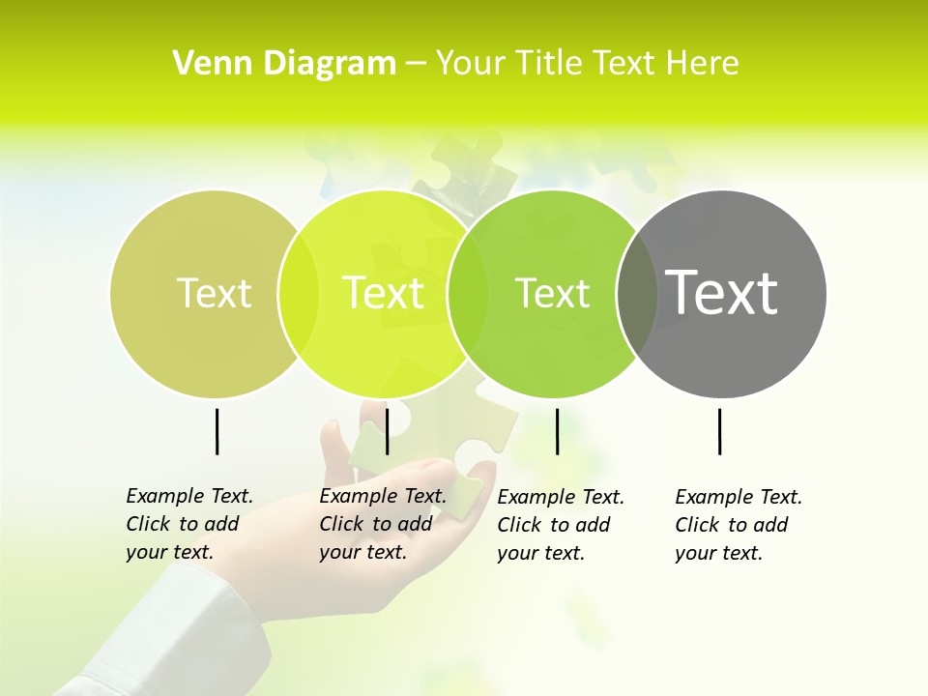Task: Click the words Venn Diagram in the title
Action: click(284, 64)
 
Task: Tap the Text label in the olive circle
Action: click(214, 293)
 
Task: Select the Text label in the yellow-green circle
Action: click(383, 293)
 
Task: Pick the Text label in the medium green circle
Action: click(552, 293)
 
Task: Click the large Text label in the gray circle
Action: click(722, 293)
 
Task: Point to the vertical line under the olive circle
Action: click(217, 431)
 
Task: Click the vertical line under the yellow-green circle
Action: click(387, 431)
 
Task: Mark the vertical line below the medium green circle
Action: click(557, 431)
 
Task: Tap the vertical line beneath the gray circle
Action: click(719, 431)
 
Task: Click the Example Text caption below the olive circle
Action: click(188, 524)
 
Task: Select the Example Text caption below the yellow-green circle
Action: click(382, 524)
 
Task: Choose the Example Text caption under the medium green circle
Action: click(560, 525)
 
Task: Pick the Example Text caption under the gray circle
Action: click(738, 525)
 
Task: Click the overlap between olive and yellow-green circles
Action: click(299, 293)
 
